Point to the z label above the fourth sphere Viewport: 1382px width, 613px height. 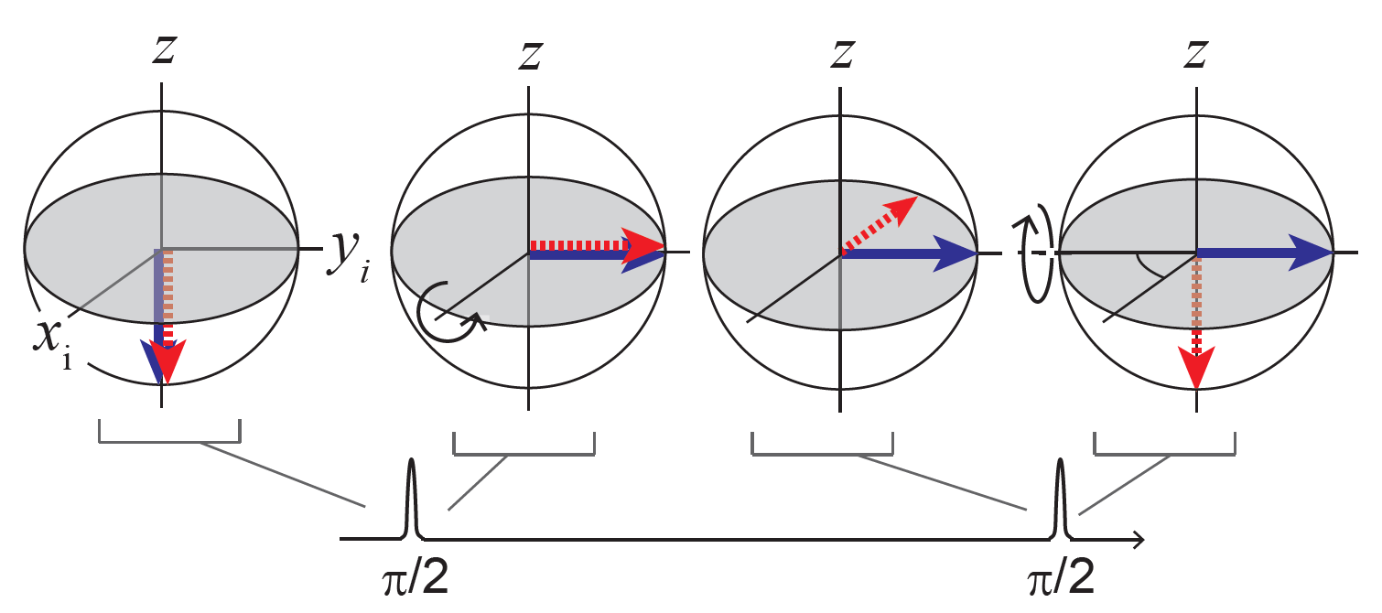click(1193, 53)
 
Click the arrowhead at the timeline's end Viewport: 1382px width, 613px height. click(1137, 540)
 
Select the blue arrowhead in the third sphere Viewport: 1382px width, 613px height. click(956, 253)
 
